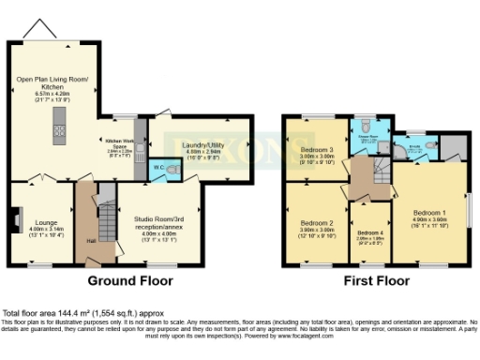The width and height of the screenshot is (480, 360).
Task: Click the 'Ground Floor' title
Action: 134,280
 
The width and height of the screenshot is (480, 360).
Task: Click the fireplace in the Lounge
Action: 16,221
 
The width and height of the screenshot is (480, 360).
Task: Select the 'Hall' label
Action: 90,240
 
